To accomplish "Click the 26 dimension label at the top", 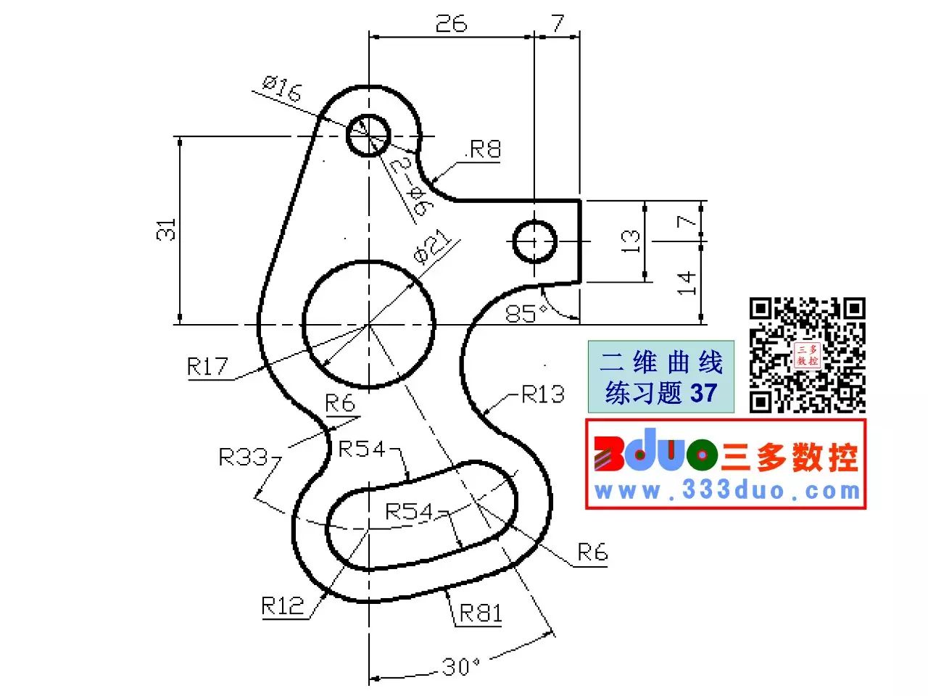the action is tap(451, 23).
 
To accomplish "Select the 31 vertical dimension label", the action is tap(166, 230).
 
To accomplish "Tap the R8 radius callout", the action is tap(485, 149).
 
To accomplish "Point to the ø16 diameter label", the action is tap(282, 88).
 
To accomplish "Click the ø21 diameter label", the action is tap(431, 246).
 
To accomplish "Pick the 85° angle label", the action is tap(526, 313).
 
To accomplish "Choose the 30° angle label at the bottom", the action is tap(461, 667).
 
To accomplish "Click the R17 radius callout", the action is tap(207, 366).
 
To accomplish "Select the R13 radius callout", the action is tap(543, 394).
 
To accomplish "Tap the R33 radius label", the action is tap(243, 457).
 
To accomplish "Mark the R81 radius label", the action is tap(480, 613).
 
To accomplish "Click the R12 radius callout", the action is tap(283, 605).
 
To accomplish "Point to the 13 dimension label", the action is tap(630, 241).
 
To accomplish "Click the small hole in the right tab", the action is tap(534, 241).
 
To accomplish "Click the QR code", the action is tap(807, 355).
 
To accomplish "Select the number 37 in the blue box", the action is tap(703, 392).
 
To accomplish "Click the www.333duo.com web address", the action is tap(727, 491).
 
